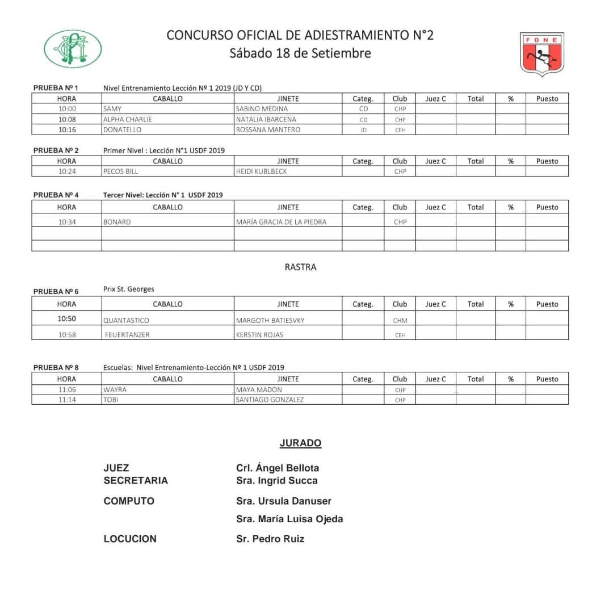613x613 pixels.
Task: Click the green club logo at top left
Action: tap(73, 49)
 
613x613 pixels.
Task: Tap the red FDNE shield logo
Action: tap(542, 54)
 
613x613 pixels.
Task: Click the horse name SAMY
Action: tap(112, 109)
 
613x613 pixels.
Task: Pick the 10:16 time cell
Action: tap(66, 130)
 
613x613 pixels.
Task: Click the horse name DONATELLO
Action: tap(122, 130)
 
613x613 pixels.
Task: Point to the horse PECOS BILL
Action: tap(120, 171)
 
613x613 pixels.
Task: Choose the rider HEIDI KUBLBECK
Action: tap(262, 171)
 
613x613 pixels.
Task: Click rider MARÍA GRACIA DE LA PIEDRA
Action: tap(281, 222)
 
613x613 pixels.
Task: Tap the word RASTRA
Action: tap(300, 267)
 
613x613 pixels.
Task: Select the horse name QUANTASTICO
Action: tap(126, 321)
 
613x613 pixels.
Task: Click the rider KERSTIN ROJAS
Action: tap(259, 335)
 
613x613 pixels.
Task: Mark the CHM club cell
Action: tap(400, 321)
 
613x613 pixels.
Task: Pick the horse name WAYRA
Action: tap(115, 390)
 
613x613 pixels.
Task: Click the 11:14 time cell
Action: tap(66, 400)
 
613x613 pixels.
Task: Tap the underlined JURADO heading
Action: tap(300, 443)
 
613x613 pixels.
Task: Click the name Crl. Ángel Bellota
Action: tap(278, 468)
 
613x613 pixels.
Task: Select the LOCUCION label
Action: tap(130, 539)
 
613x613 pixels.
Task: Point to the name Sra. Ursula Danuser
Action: tap(284, 501)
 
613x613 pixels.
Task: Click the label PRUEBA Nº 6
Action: tap(56, 292)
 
